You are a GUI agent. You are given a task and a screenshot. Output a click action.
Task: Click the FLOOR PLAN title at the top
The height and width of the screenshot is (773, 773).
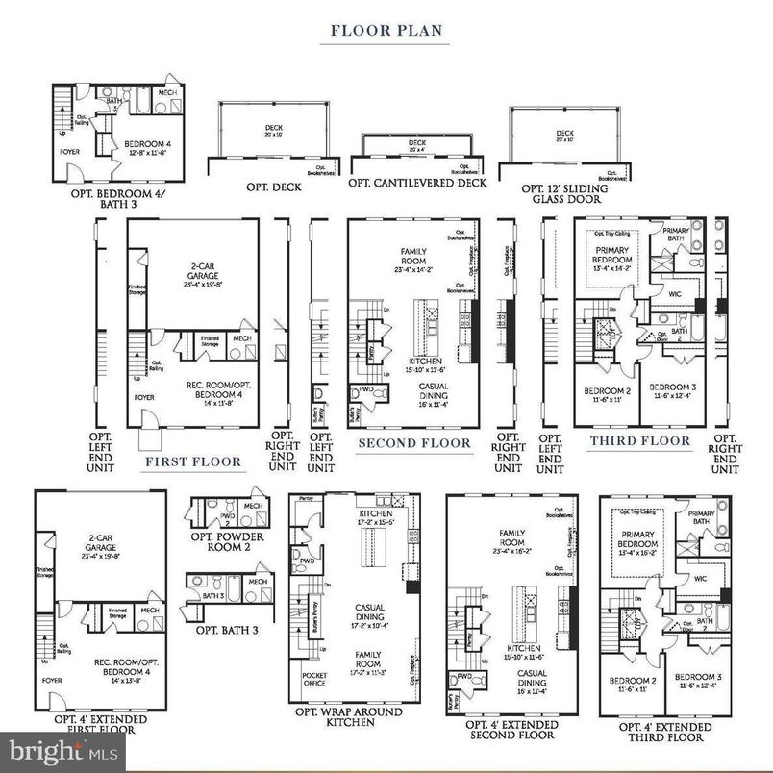tap(386, 30)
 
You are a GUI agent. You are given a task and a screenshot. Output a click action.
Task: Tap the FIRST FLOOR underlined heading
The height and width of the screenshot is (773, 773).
tap(192, 461)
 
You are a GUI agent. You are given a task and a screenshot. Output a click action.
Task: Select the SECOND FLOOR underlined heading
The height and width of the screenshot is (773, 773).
tap(414, 443)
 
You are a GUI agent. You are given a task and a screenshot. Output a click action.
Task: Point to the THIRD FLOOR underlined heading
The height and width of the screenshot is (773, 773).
tap(639, 440)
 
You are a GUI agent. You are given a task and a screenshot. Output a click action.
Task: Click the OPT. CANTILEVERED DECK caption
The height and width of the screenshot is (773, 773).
tap(417, 183)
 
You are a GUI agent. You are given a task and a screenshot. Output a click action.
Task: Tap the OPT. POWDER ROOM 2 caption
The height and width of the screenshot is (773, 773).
tap(228, 541)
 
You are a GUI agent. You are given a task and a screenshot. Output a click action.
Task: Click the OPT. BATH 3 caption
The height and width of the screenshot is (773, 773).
tap(228, 630)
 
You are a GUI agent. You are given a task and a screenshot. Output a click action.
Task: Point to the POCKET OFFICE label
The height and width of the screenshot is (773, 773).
tap(314, 680)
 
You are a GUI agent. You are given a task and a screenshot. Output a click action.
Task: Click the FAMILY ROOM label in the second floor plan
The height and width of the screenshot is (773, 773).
tap(413, 256)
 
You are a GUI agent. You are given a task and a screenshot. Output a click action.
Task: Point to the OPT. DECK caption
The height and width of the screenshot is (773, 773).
tap(273, 187)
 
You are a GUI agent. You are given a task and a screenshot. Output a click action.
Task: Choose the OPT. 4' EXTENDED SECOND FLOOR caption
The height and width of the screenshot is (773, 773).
tap(511, 730)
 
